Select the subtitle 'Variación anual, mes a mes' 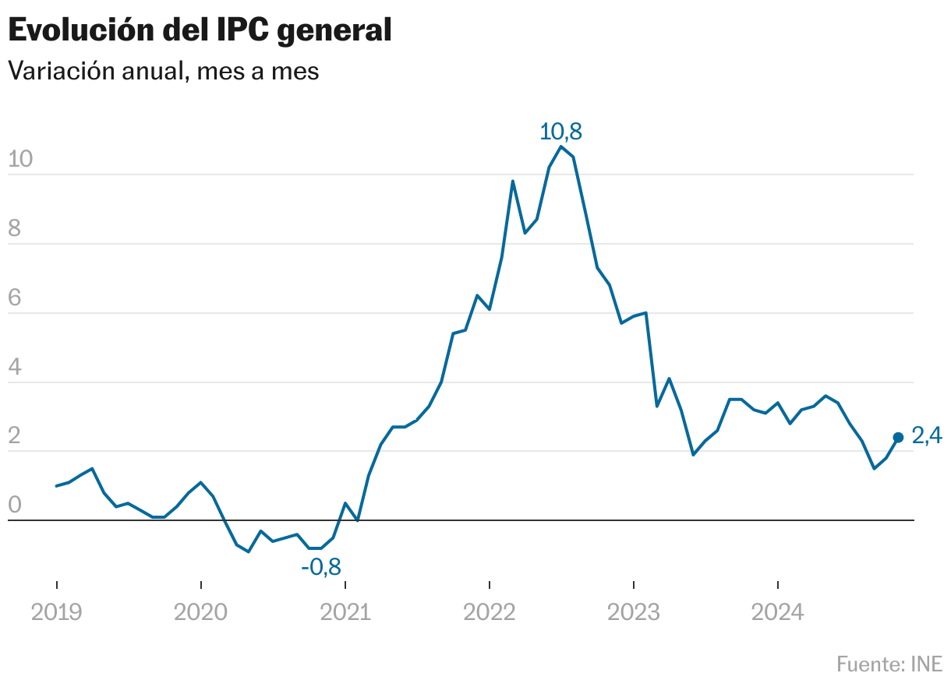(163, 71)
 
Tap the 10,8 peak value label (561, 131)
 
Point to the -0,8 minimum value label (321, 566)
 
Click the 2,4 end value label (927, 437)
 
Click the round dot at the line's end (898, 438)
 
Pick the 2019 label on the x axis (56, 612)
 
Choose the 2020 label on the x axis (201, 612)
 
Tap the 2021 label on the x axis (345, 612)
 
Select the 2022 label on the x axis (490, 612)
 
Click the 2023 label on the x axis (634, 612)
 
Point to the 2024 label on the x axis (778, 612)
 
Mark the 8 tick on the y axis (14, 229)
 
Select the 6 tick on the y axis (14, 298)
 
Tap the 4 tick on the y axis (14, 368)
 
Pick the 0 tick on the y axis (14, 506)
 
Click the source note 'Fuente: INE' (889, 664)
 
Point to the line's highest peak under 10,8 (561, 146)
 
